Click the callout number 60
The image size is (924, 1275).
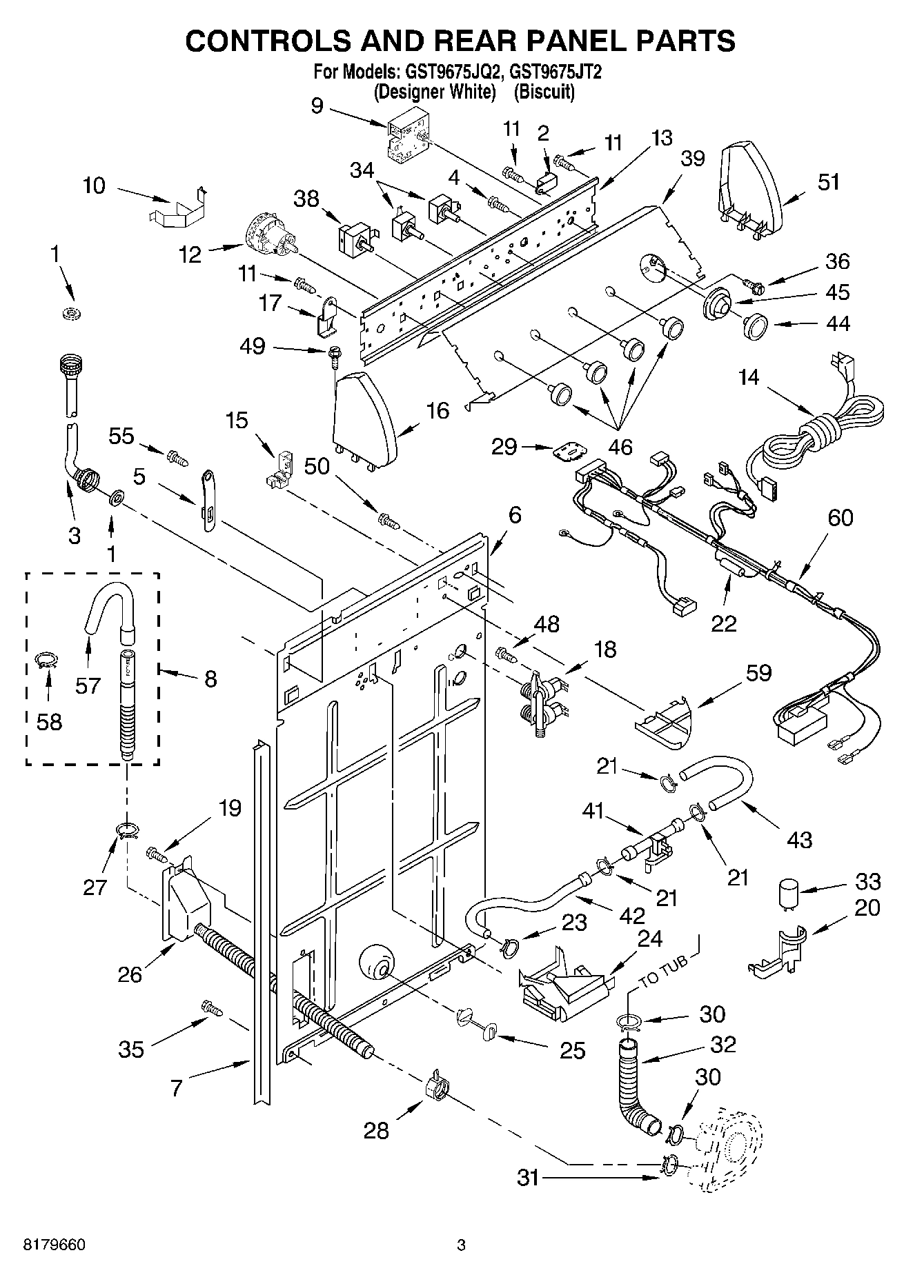(x=840, y=517)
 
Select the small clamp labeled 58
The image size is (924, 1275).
(x=47, y=661)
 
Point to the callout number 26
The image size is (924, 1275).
(x=130, y=974)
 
